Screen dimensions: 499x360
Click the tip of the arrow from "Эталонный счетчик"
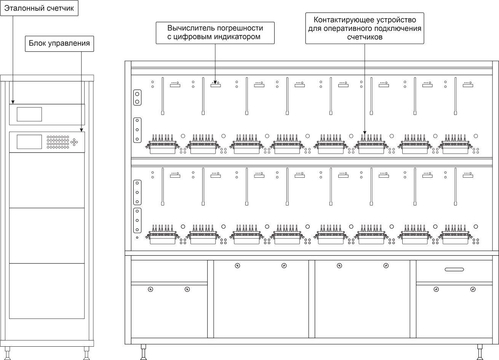[13, 104]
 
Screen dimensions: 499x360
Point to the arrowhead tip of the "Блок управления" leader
[82, 132]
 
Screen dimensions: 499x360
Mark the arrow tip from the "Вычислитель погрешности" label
[215, 84]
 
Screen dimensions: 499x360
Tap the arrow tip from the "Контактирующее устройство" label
[365, 134]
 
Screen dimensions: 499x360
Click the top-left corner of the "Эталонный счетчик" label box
[0, 0]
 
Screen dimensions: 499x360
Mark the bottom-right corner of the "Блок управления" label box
[94, 52]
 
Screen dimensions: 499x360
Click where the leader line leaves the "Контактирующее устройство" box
[365, 44]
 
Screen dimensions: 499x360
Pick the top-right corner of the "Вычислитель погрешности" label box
[274, 22]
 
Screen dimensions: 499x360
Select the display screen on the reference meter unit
[29, 115]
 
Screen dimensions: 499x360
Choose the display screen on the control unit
[29, 142]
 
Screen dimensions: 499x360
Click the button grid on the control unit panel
[58, 142]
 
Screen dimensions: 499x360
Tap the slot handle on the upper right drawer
[454, 269]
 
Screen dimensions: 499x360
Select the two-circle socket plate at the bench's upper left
[137, 98]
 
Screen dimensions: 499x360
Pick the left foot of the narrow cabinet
[8, 354]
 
